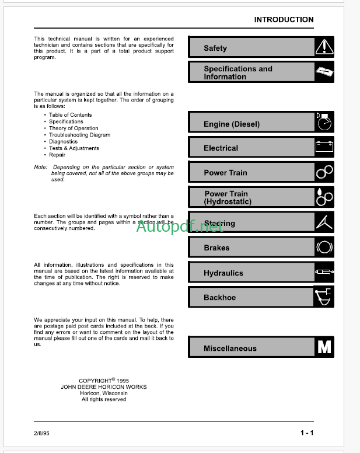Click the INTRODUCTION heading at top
[284, 20]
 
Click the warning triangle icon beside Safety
[324, 47]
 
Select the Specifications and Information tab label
[237, 72]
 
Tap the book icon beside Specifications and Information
[324, 72]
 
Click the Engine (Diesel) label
[232, 124]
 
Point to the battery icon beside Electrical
[324, 147]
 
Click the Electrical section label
[221, 148]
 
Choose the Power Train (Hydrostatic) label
[228, 197]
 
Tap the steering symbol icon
[324, 222]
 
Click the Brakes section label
[216, 248]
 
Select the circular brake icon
[324, 248]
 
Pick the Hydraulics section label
[223, 273]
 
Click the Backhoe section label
[219, 298]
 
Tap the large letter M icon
[324, 347]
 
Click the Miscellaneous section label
[230, 349]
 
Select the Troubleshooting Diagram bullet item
[79, 135]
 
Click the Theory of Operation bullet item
[74, 128]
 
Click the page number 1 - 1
[307, 433]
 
